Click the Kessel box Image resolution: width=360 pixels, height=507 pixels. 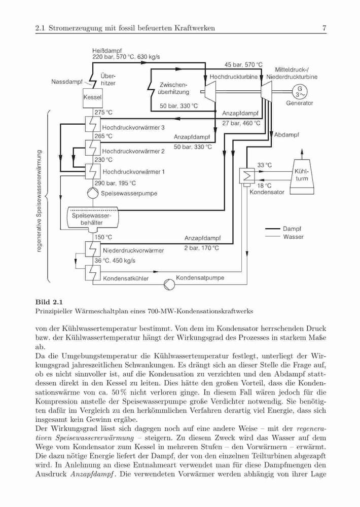pos(92,97)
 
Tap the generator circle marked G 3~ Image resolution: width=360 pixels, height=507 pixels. pos(300,92)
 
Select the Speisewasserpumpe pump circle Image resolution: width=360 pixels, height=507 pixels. pos(93,193)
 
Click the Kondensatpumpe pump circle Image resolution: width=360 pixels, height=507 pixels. pos(169,284)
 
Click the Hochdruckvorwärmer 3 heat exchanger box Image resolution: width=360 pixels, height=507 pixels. pos(93,124)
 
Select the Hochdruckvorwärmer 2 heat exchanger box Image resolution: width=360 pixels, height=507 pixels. pos(93,148)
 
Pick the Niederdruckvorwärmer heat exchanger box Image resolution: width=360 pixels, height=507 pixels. pos(93,249)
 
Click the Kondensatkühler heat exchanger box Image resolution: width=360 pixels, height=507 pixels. pos(93,273)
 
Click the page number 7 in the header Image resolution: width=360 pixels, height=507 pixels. pos(324,28)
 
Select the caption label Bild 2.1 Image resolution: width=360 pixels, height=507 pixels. pos(49,302)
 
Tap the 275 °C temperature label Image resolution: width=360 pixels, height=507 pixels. pos(103,113)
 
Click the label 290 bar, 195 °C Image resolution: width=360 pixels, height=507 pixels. pos(115,184)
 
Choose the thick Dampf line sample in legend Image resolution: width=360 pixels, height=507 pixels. pos(272,229)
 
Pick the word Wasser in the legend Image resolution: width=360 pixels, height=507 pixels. pos(294,237)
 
